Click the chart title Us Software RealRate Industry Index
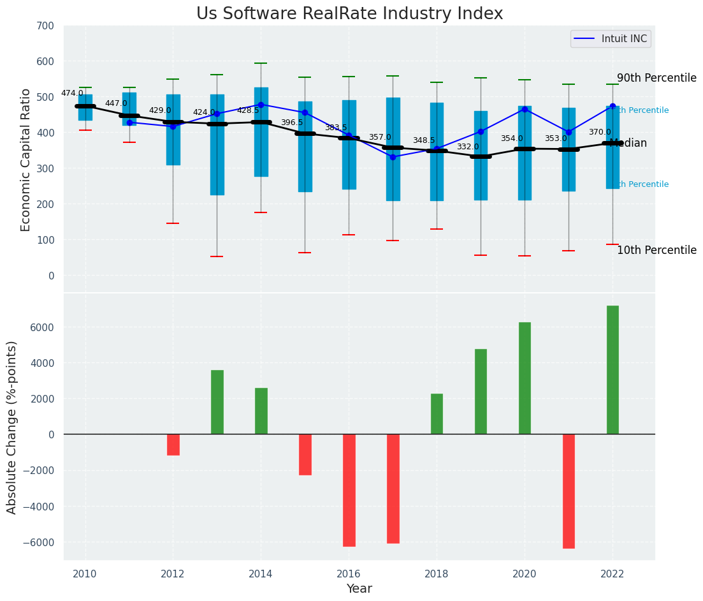coord(349,14)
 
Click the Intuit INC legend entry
coord(611,39)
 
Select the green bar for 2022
coord(612,370)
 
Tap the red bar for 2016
coord(349,490)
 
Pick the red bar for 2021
coord(569,491)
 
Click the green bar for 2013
coord(217,402)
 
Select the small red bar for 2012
coord(173,445)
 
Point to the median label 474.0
coord(72,93)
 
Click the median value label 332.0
coord(468,147)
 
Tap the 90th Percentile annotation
coord(656,78)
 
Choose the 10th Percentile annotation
coord(656,250)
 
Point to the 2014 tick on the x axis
coord(261,574)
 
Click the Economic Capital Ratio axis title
coord(26,160)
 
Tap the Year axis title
coord(359,589)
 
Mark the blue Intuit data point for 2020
coord(525,109)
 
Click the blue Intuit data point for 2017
coord(393,157)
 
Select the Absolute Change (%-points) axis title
coord(12,427)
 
